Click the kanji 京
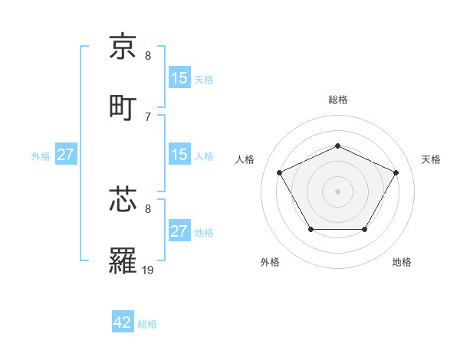[123, 48]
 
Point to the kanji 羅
[123, 260]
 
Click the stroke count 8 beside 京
[148, 56]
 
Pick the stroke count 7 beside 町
[148, 116]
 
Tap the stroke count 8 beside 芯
[148, 208]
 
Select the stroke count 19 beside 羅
[149, 270]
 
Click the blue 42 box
[123, 322]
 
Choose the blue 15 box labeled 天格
[179, 78]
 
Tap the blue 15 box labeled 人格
[179, 155]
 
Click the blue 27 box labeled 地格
[179, 231]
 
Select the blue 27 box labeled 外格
[65, 155]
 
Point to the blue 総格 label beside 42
[147, 324]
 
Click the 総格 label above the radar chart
[338, 100]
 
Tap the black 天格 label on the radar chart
[431, 159]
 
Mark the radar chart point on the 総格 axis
[337, 146]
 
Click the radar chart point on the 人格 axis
[279, 172]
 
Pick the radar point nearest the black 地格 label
[365, 229]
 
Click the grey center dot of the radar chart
[337, 191]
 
